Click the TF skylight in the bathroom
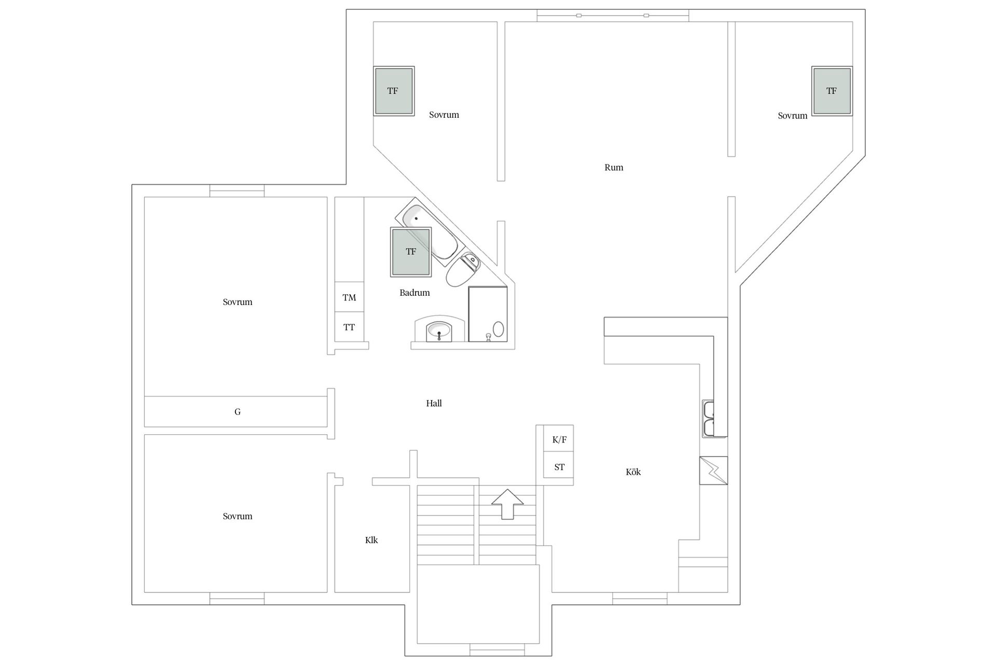(x=411, y=252)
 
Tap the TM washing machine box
(x=349, y=297)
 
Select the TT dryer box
(x=349, y=327)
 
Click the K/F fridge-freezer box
(x=559, y=439)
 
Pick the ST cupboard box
(x=559, y=466)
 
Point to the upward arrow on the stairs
(x=508, y=504)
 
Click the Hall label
(x=434, y=403)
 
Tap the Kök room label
(x=633, y=472)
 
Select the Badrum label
(x=414, y=293)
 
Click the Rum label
(x=614, y=167)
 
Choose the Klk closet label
(x=371, y=540)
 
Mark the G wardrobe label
(x=238, y=412)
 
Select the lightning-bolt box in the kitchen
(x=713, y=471)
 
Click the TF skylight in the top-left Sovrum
(x=394, y=91)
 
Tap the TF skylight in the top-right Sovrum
(x=832, y=91)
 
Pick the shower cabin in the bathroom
(x=488, y=314)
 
